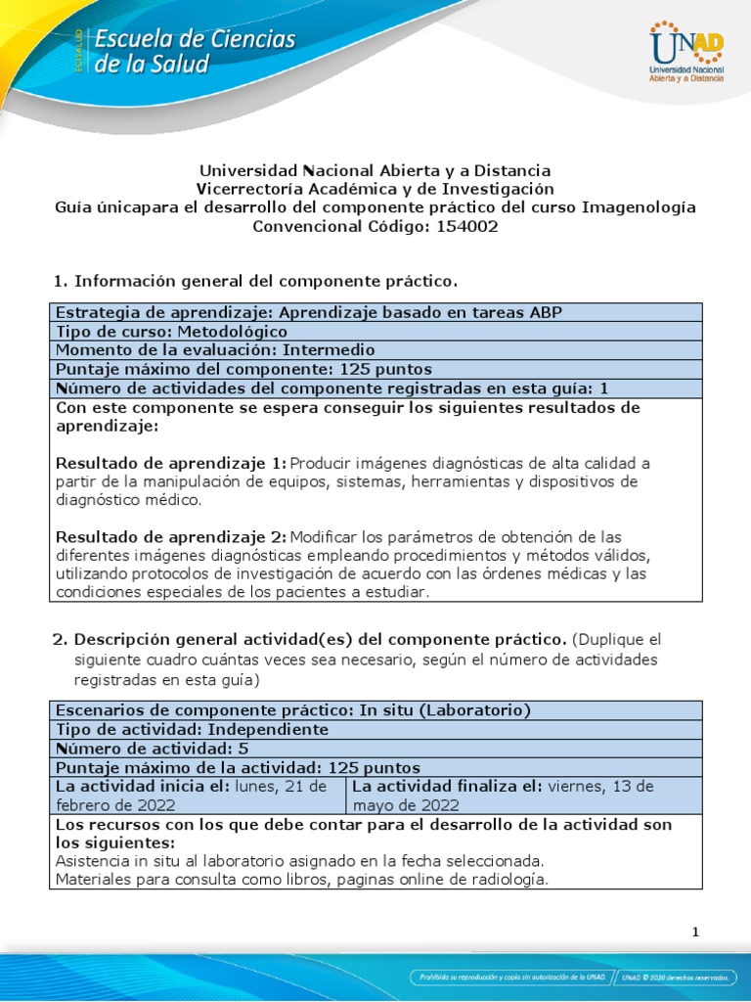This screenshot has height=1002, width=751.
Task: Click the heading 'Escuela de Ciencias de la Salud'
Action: (195, 52)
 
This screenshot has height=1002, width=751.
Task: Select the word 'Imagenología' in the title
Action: (637, 207)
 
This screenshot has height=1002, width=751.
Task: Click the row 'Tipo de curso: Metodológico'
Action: (172, 331)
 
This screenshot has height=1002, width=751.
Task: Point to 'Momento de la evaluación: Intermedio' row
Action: (215, 349)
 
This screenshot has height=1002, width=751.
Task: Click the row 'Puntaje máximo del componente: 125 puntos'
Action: (244, 369)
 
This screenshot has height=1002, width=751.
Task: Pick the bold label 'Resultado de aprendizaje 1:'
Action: (171, 462)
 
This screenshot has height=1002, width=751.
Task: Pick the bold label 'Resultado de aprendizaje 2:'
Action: (171, 536)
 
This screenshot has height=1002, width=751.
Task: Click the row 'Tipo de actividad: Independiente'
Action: (193, 729)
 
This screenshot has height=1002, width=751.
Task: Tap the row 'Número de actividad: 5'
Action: (153, 749)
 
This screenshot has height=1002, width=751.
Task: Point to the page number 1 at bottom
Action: (695, 932)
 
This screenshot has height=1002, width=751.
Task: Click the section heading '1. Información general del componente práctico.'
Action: (255, 282)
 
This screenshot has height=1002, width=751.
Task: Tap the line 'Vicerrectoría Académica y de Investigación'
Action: (375, 189)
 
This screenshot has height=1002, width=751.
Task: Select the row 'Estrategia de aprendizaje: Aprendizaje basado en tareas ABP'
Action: (309, 312)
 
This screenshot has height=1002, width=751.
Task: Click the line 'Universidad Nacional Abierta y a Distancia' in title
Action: (375, 170)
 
